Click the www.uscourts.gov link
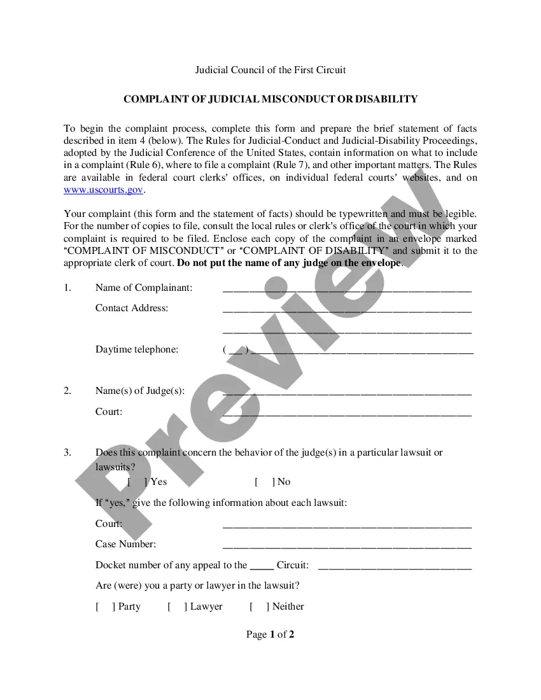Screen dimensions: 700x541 [x=104, y=190]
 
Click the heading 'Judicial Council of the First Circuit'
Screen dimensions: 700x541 [x=270, y=69]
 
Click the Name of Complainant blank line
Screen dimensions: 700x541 [x=347, y=288]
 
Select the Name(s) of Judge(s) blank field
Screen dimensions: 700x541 [x=347, y=391]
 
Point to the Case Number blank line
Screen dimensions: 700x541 [x=347, y=545]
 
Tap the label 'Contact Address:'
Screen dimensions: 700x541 [x=132, y=308]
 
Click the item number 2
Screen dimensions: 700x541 [x=67, y=391]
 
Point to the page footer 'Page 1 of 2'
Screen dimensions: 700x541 [x=270, y=634]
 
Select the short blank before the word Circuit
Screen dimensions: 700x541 [x=262, y=566]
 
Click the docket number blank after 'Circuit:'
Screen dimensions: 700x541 [x=395, y=566]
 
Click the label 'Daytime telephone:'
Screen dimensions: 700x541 [x=137, y=349]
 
